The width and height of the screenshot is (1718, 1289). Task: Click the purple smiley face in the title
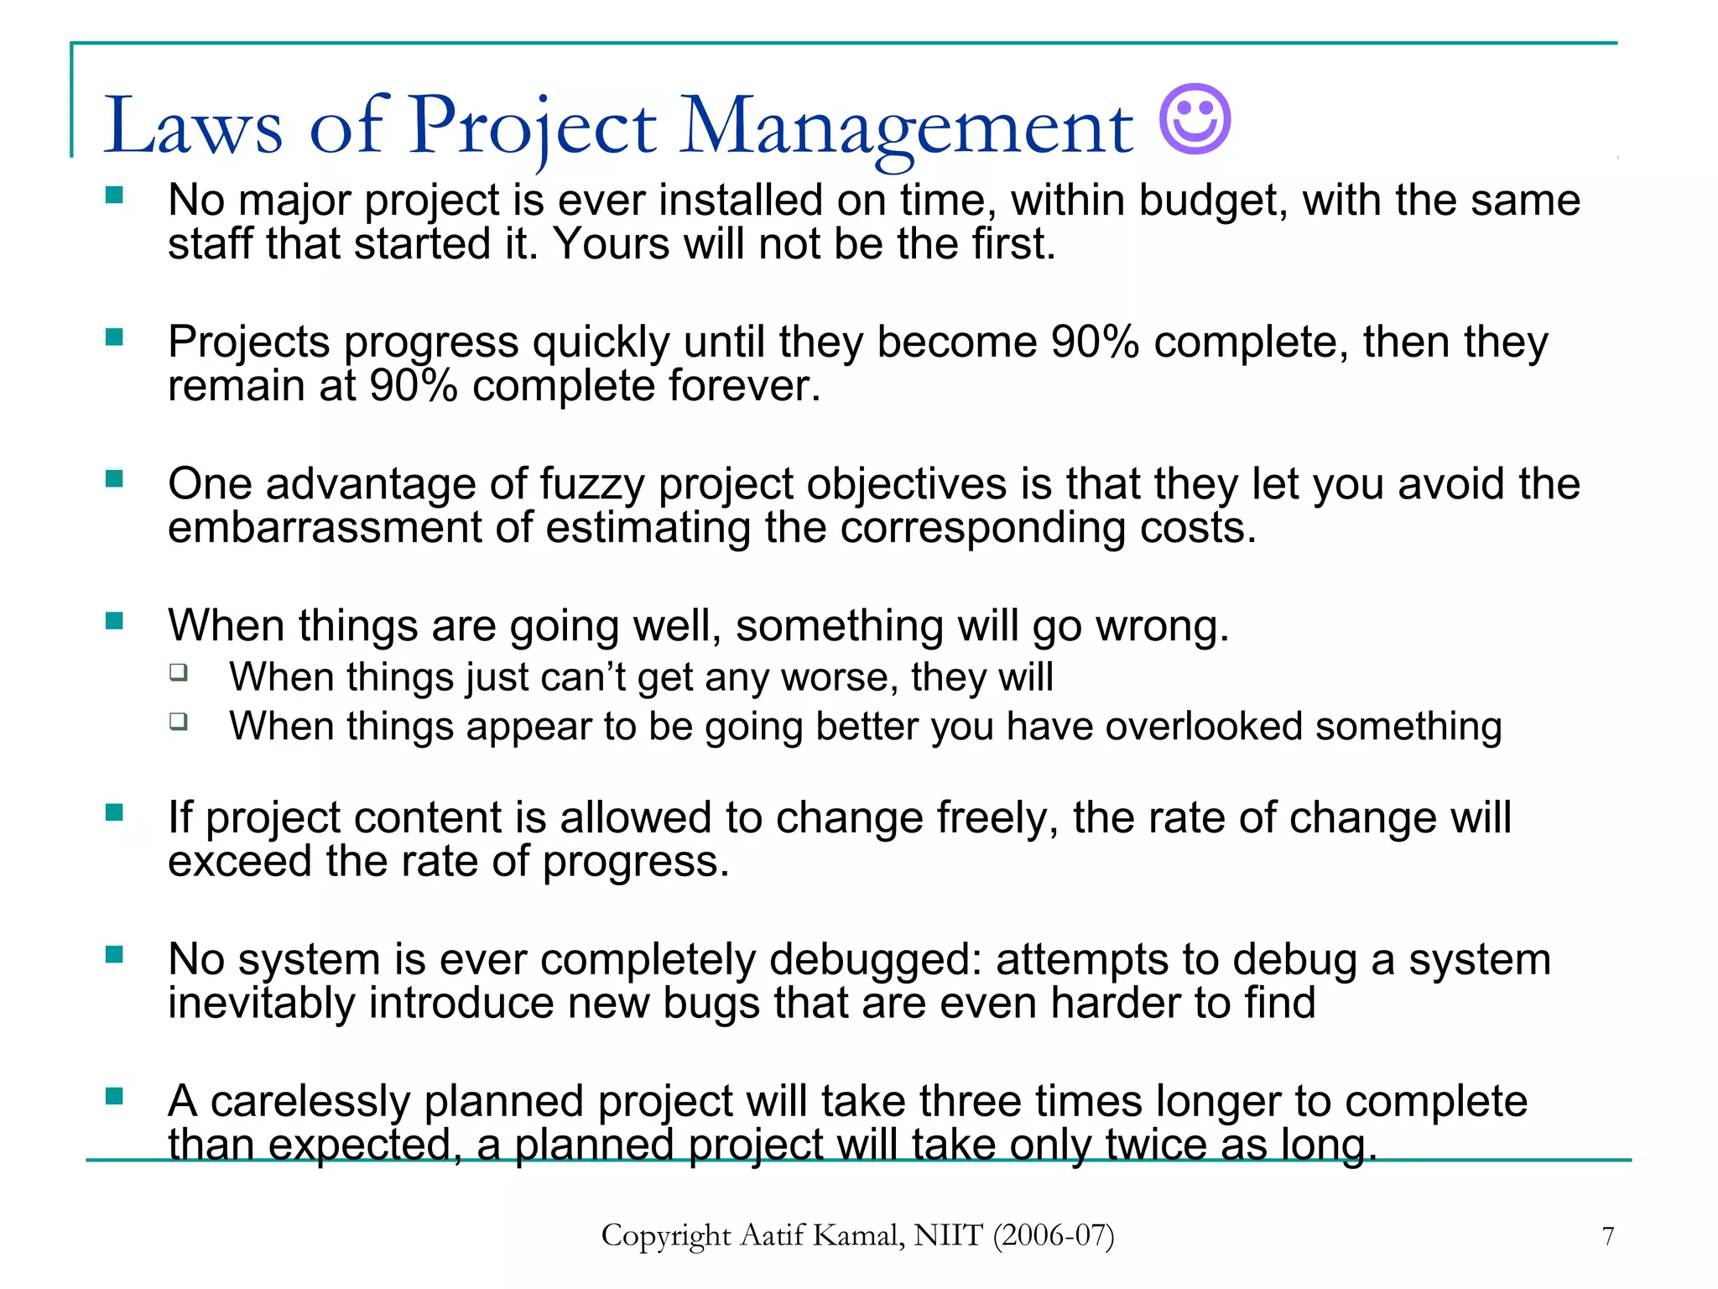click(1195, 119)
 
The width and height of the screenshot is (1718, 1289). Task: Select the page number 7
click(1607, 1236)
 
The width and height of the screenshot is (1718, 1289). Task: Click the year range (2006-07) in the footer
click(1054, 1235)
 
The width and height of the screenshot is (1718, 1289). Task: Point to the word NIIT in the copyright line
click(948, 1235)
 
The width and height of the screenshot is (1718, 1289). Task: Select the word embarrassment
click(324, 529)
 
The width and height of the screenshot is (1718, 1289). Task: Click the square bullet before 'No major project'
click(114, 196)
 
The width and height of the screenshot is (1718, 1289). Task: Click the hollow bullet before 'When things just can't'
click(178, 671)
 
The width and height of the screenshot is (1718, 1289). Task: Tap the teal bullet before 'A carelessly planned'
click(114, 1096)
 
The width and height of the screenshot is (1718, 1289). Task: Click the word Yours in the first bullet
click(611, 245)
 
